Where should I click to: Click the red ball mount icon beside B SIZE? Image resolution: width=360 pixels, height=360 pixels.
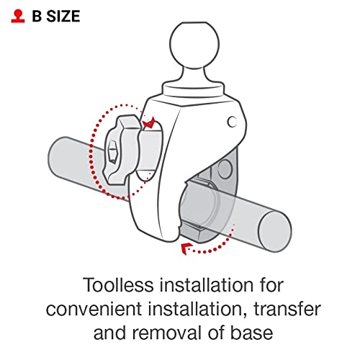pos(18,17)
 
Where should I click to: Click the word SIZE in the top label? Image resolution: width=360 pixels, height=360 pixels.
pos(63,17)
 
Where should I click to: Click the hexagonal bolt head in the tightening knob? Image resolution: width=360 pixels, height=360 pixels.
pos(112,152)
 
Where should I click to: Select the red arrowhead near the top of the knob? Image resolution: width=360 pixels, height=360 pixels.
pos(149,123)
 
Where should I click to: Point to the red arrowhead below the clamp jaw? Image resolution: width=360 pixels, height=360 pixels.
pos(186,248)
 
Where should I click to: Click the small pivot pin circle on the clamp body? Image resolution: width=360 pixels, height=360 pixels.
pos(232,122)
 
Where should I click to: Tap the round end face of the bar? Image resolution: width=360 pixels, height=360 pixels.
pos(275,232)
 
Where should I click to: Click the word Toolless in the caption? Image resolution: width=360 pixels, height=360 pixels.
pos(118,285)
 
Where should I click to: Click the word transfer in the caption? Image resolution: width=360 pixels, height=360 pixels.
pos(287,309)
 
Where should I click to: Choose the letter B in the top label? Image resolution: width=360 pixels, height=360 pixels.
pos(37,17)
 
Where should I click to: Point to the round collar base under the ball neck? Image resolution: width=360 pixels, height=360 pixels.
pos(194,91)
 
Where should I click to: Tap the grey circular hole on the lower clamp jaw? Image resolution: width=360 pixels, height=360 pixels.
pos(225,169)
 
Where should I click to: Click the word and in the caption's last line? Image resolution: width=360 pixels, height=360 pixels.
pos(110,333)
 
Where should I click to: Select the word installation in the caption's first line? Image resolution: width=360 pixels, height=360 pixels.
pos(207,285)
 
